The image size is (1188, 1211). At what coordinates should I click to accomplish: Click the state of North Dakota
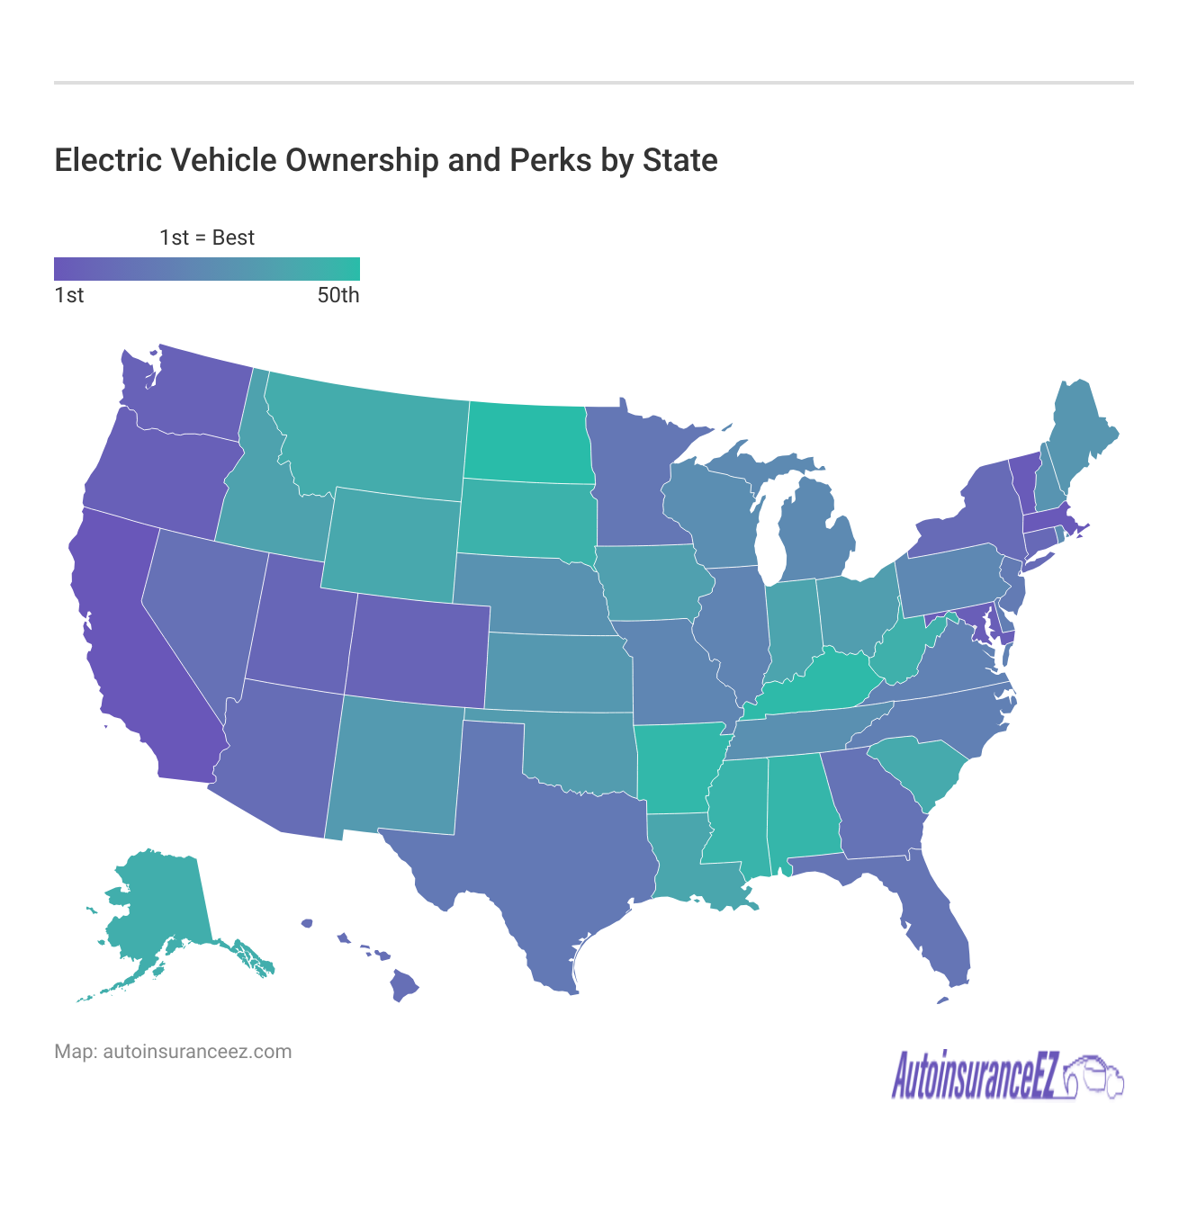coord(526,443)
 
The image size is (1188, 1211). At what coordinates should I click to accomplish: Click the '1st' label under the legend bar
coord(69,296)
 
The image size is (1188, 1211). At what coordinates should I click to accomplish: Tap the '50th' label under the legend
coord(338,296)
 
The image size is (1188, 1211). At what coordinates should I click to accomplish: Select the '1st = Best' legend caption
coord(207,238)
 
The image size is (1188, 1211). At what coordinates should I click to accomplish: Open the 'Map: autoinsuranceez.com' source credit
coord(173,1052)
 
